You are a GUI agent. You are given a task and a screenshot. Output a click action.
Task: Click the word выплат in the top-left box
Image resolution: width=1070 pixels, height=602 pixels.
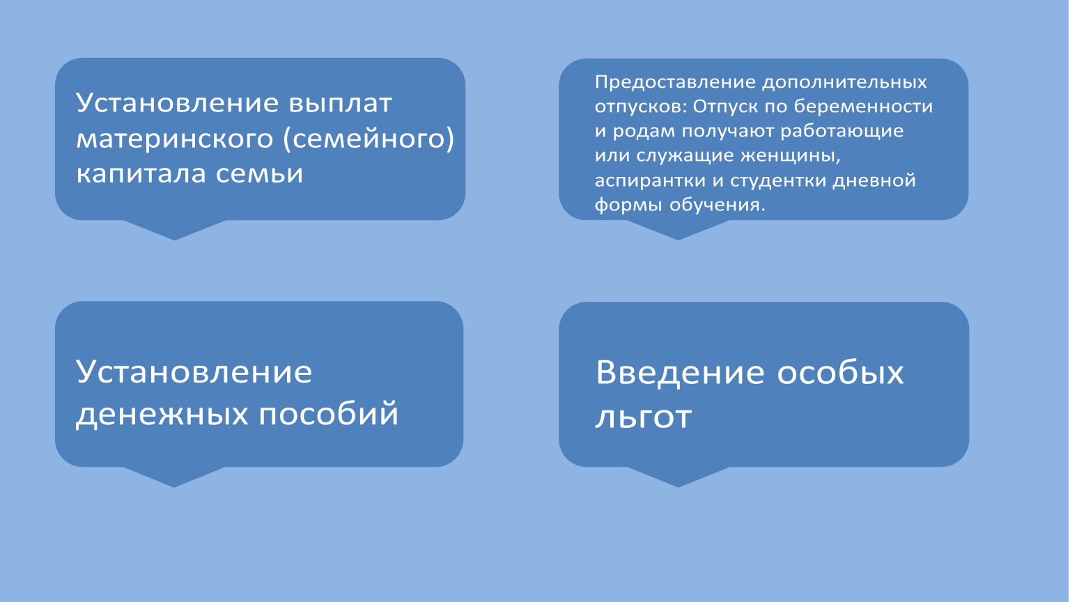(340, 102)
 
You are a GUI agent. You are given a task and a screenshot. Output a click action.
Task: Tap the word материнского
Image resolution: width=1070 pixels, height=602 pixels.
(175, 139)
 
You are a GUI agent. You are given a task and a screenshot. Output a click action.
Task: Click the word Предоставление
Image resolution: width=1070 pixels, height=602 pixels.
(676, 83)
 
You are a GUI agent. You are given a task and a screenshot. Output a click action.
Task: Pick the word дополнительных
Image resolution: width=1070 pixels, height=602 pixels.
(844, 83)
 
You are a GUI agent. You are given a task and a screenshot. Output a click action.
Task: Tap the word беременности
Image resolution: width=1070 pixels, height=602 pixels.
(863, 106)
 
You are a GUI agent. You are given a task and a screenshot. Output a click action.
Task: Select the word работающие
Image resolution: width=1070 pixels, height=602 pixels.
(842, 131)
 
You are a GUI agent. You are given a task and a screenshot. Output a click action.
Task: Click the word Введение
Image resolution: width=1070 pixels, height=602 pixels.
(680, 373)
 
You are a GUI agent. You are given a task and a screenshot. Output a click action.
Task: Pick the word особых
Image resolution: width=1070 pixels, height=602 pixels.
(840, 373)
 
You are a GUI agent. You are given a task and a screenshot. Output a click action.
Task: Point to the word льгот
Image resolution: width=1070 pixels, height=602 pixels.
(643, 416)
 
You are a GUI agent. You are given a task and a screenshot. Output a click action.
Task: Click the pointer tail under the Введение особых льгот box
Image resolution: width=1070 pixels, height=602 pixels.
(679, 477)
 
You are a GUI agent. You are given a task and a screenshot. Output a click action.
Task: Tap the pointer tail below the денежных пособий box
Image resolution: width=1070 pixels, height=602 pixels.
(174, 477)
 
